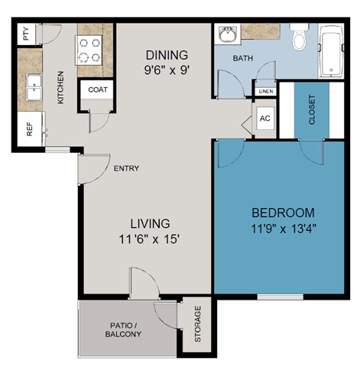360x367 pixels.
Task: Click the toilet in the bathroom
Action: coord(299,37)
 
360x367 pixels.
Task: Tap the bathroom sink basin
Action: coord(229,34)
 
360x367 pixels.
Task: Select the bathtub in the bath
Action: coord(331,51)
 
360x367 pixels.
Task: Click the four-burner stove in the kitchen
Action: coord(89,50)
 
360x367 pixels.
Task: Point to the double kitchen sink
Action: coord(34,87)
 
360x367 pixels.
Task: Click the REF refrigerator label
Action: coord(30,129)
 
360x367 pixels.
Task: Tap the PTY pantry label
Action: coord(26,34)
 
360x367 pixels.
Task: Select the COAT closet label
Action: coord(98,89)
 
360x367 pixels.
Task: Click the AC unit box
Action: coord(265,119)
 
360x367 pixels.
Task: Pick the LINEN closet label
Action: coord(266,92)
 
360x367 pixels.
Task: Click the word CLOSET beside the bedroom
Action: coord(312,109)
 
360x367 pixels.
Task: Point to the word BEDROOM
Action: coord(283,213)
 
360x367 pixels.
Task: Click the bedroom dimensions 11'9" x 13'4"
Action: coord(284,229)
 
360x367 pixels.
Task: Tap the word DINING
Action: coord(167,55)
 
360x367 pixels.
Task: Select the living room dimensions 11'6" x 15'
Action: coord(150,239)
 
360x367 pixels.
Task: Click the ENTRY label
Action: coord(126,168)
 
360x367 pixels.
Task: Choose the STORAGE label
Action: coord(198,323)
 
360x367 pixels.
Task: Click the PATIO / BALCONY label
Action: coord(123,330)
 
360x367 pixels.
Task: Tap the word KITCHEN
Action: coord(60,87)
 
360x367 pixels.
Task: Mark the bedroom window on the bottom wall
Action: coord(281,297)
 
